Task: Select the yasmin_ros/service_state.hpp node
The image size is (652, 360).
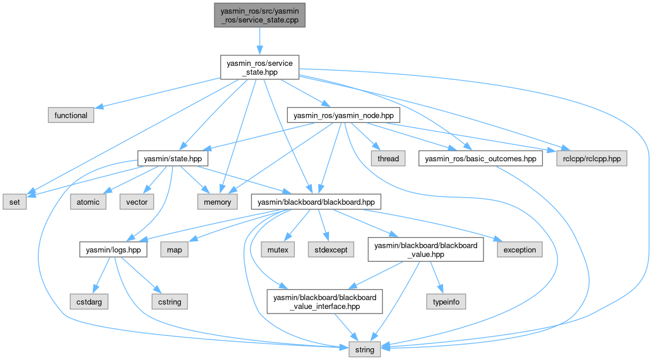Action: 260,68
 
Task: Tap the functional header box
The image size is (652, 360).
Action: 71,115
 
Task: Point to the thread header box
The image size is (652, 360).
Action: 388,158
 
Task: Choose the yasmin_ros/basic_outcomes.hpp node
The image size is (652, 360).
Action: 481,158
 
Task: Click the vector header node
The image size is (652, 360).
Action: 137,202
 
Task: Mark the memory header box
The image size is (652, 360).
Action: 217,202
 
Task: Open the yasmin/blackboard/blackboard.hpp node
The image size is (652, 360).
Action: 316,202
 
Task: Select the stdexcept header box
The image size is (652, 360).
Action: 331,249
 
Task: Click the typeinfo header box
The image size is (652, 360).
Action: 446,302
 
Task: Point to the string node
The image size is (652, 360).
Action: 364,349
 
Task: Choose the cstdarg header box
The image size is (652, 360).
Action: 89,302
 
